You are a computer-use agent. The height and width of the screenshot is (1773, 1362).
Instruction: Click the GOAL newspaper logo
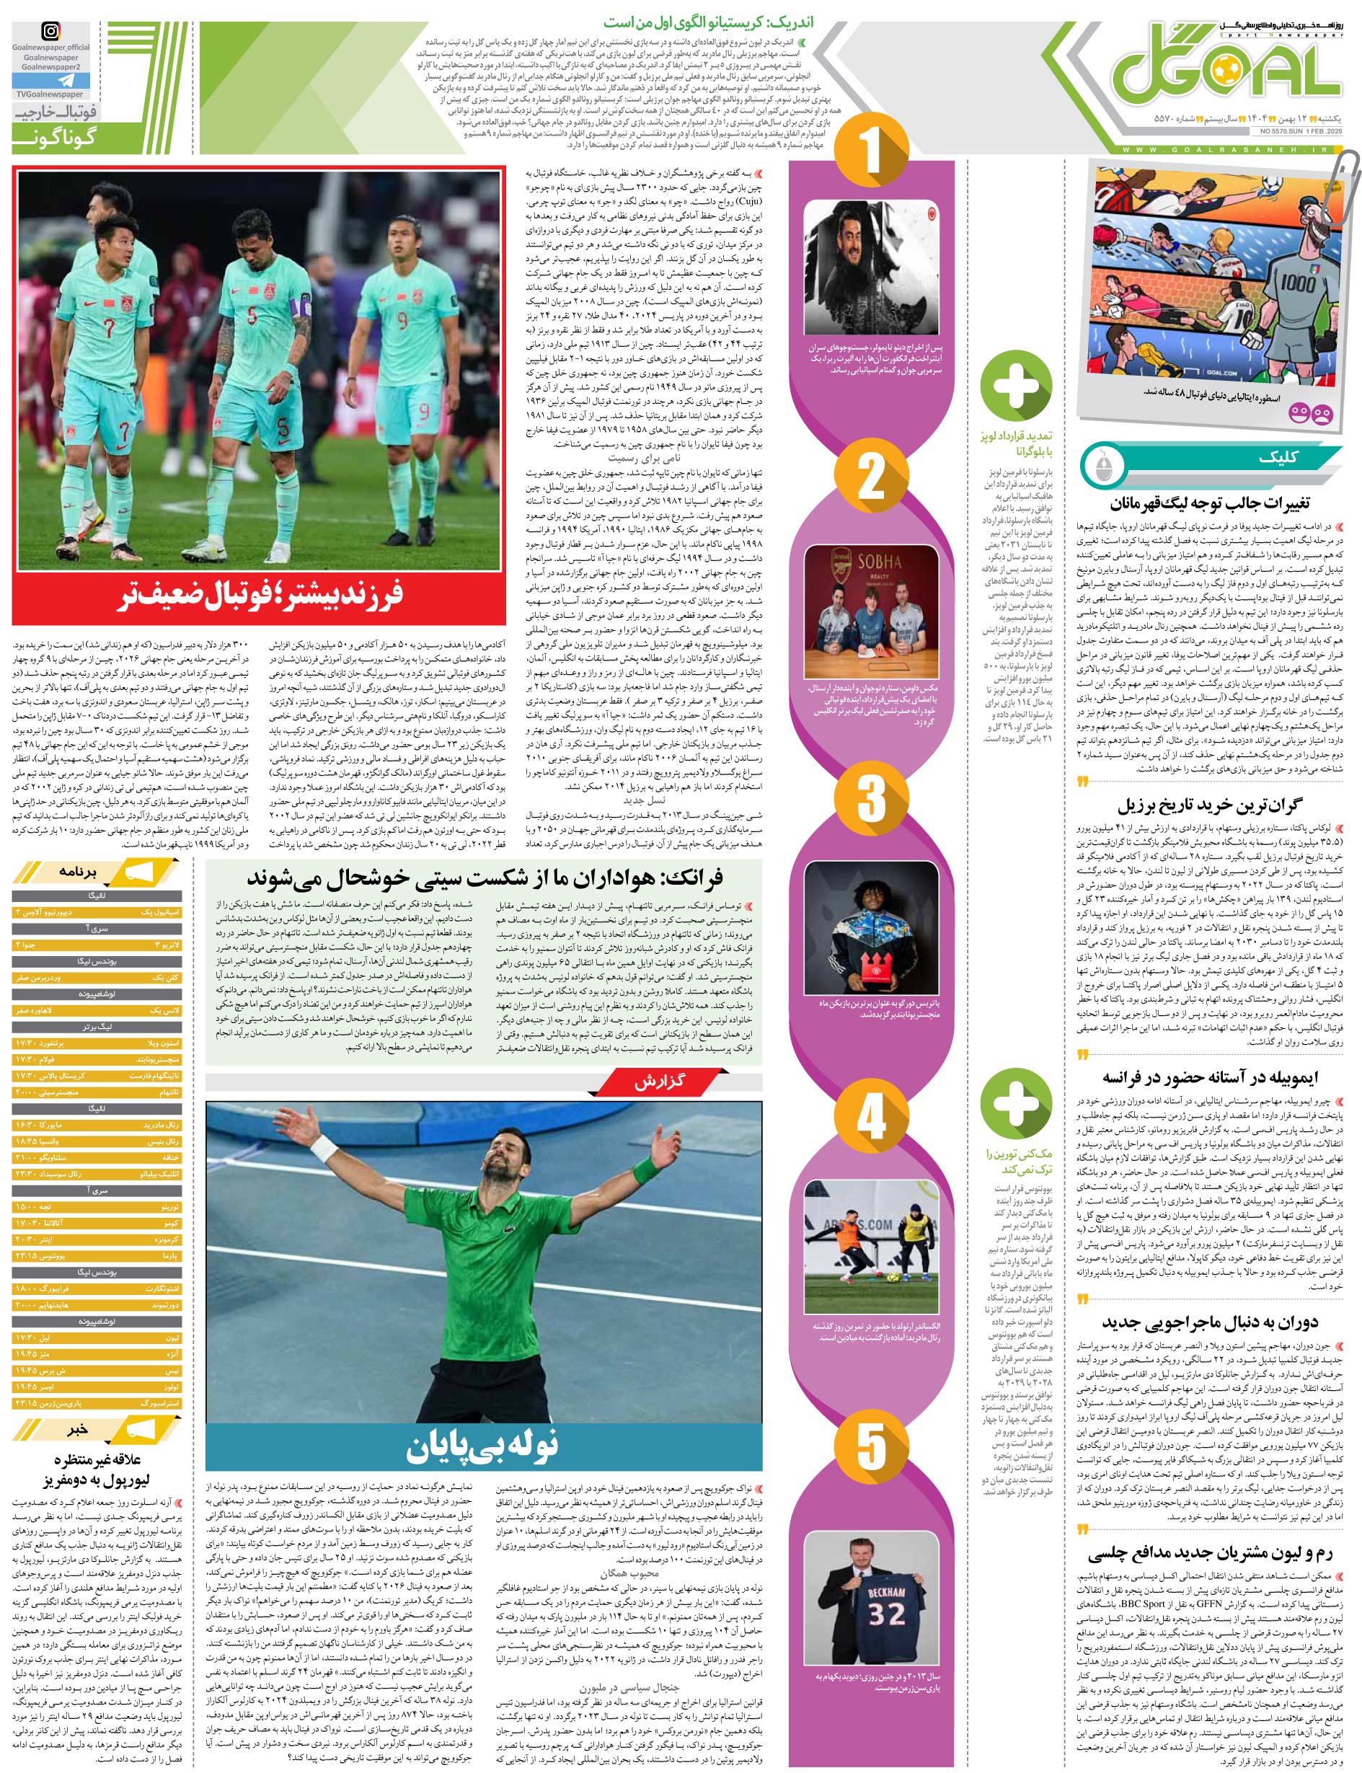coord(1226,70)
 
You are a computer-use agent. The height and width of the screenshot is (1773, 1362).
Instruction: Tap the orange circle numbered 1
coord(871,150)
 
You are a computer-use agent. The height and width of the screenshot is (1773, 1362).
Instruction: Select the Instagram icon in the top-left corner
coord(50,32)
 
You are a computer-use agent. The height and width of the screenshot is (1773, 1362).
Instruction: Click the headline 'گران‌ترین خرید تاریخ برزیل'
coord(1210,806)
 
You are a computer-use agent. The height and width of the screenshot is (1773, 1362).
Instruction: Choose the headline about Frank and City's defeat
coord(485,877)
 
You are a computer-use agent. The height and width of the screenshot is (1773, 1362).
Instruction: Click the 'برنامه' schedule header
coord(77,872)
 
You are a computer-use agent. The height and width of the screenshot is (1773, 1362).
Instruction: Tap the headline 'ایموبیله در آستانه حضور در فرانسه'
coord(1210,1077)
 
